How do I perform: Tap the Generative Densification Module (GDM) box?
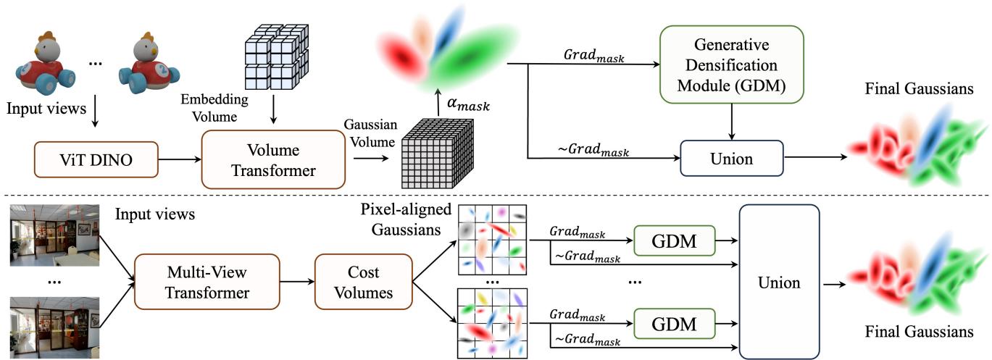tap(733, 63)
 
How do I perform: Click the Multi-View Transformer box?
tap(205, 282)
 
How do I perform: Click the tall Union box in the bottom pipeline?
tap(778, 282)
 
